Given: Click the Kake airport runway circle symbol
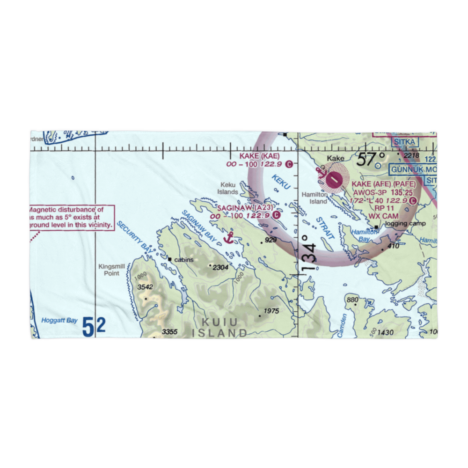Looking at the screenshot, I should click(334, 178).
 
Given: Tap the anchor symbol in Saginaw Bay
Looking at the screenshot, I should click(228, 237).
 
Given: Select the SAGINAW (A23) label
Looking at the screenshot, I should click(244, 207).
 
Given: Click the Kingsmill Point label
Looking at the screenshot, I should click(111, 270).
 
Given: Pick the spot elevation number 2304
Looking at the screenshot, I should click(220, 267).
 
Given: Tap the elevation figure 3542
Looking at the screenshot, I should click(146, 287).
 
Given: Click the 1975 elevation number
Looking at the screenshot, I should click(271, 311).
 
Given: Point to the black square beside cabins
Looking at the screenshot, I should click(170, 259).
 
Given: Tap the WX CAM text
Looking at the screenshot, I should click(384, 216).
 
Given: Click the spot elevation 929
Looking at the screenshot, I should click(270, 240).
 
